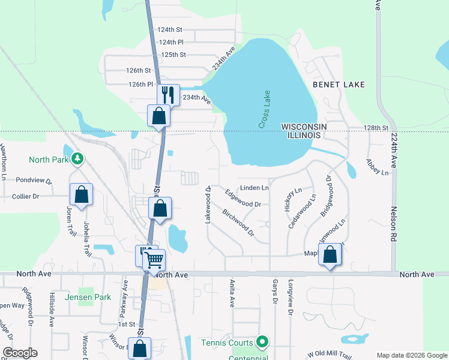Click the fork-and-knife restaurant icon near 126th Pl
(168, 94)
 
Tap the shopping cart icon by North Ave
(154, 259)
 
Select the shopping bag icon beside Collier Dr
(81, 194)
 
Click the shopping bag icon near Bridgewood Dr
(330, 254)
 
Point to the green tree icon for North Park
(77, 159)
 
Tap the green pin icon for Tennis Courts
(262, 343)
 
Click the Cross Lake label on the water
(265, 109)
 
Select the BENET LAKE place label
(339, 85)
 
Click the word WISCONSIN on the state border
(304, 126)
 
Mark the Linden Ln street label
(255, 188)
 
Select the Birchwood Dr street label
(238, 223)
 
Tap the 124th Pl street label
(171, 42)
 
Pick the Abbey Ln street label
(378, 167)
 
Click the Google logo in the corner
(19, 353)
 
